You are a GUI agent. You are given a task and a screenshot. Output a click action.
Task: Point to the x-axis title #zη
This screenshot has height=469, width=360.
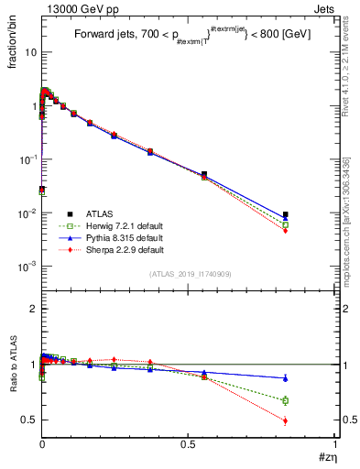(x=326, y=457)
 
